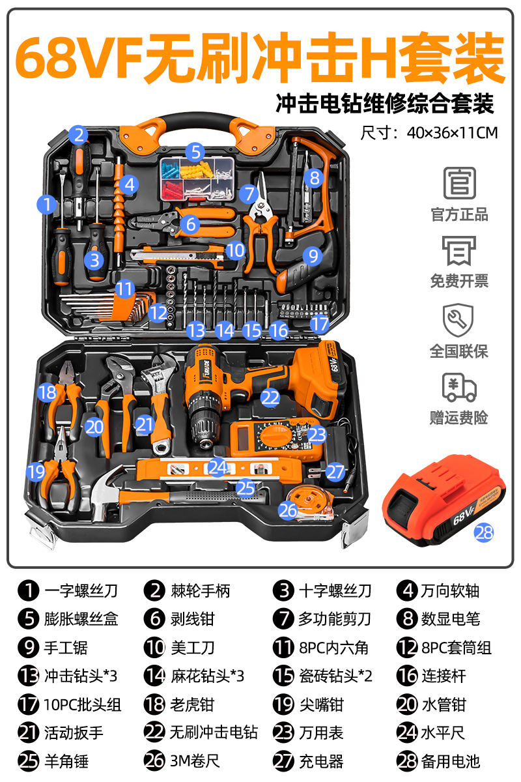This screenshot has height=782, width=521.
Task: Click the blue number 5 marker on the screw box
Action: tap(195, 152)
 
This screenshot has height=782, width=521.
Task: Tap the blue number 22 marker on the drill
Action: tap(270, 396)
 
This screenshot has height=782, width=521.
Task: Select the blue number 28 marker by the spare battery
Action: tap(484, 532)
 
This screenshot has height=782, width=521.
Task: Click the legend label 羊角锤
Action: tap(66, 760)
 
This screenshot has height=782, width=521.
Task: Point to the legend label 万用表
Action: tap(321, 732)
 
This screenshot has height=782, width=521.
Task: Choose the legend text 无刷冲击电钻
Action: tap(214, 732)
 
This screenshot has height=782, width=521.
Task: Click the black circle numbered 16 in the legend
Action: tap(407, 676)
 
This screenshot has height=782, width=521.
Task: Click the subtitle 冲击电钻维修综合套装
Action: tap(385, 103)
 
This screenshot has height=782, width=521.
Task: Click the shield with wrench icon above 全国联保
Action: tap(459, 319)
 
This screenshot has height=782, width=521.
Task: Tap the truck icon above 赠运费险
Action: tap(459, 387)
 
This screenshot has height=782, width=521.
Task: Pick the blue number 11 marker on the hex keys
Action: tap(124, 288)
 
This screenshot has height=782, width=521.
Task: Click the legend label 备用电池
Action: tap(455, 760)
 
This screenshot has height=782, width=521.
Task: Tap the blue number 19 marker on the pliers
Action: tap(36, 471)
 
